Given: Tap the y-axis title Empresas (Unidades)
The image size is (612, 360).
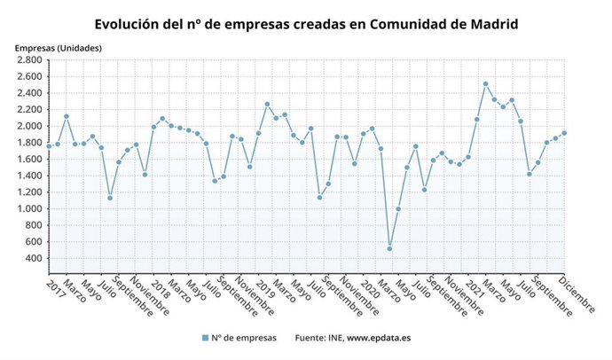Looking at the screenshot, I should [58, 47].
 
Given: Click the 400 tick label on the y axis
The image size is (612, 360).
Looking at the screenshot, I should [35, 258].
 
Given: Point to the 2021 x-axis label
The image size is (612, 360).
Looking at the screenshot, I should [470, 286].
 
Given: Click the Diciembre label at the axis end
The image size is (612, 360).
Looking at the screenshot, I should [577, 293].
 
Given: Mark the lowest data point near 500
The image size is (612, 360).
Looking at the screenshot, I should [389, 248].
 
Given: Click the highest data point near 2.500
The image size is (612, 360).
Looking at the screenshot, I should [485, 84].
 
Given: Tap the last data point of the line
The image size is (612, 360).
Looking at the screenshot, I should [564, 133].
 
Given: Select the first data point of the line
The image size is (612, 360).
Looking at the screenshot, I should [49, 145].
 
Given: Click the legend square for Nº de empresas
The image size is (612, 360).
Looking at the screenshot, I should [205, 338].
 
